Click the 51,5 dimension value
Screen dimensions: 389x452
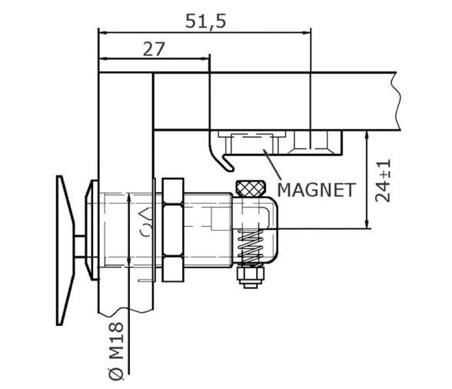coord(205,21)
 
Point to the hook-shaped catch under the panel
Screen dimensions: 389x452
coord(220,158)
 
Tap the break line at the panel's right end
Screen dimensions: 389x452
coord(397,100)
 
